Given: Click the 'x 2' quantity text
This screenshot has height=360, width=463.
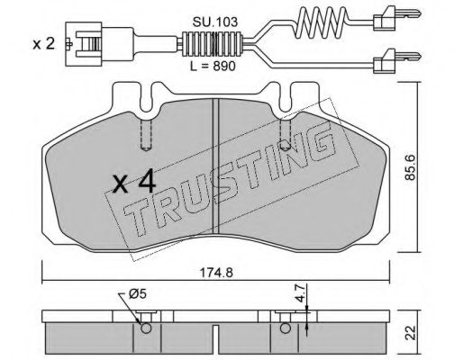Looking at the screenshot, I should tap(42, 43).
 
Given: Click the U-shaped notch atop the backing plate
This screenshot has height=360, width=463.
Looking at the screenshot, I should tap(149, 93).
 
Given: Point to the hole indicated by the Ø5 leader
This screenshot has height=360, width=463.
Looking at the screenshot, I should tap(144, 327).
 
